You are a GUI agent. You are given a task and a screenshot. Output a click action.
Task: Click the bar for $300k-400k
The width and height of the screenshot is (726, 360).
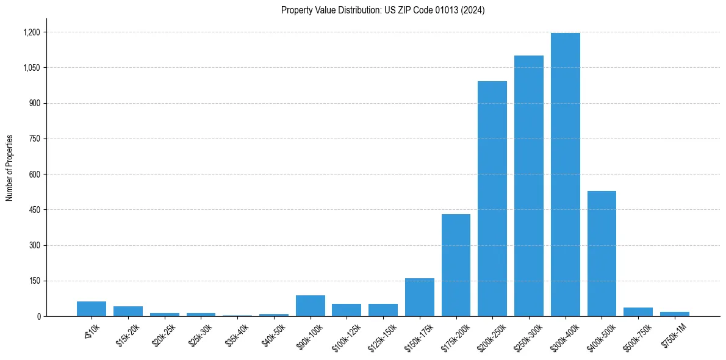(565, 175)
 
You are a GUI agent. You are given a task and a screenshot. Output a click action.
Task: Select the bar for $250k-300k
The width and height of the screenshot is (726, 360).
(528, 186)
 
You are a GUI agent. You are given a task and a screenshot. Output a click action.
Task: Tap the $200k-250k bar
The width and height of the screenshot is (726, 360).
(492, 199)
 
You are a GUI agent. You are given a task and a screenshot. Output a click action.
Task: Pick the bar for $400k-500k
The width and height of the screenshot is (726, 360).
(602, 254)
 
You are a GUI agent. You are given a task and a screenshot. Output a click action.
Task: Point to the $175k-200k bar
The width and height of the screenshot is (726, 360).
(456, 265)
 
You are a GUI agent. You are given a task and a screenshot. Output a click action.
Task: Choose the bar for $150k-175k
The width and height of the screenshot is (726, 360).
(420, 298)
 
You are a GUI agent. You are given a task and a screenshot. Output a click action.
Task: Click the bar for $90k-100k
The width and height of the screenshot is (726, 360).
(310, 306)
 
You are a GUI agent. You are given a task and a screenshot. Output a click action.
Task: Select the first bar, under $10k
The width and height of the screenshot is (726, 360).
(92, 309)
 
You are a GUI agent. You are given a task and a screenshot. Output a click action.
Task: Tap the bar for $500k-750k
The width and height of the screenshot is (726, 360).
(638, 312)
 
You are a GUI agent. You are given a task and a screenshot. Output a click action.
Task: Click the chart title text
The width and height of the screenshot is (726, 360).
(383, 10)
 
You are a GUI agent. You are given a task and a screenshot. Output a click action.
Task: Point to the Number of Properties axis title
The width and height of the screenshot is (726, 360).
(10, 168)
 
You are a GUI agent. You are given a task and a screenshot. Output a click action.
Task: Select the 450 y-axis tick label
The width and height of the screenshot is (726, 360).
(34, 210)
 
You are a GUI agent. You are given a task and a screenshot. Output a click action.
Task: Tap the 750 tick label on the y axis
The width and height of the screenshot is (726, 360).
(34, 139)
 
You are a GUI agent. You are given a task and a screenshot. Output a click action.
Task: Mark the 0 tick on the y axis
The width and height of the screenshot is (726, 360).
(38, 317)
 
